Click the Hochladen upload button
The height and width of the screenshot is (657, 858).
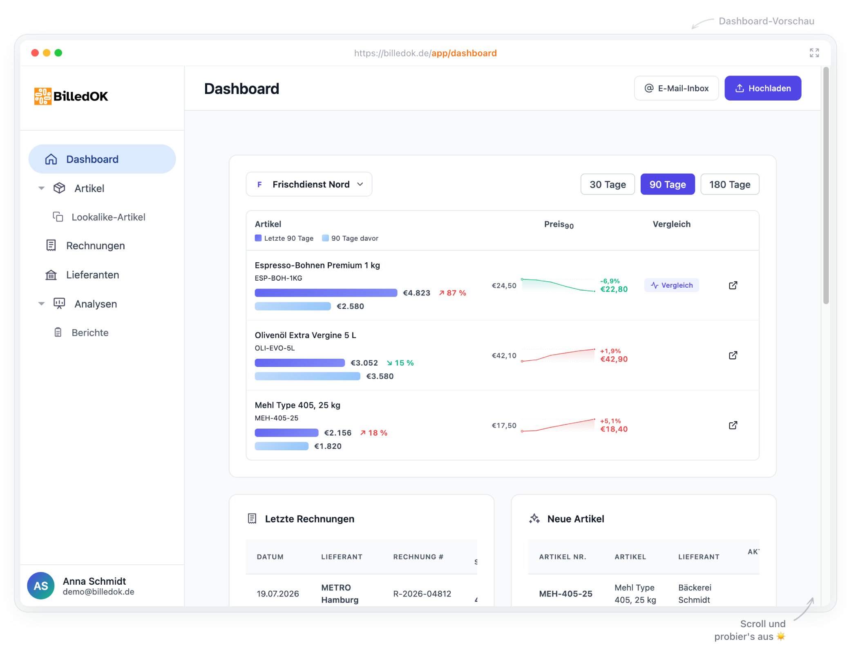763,88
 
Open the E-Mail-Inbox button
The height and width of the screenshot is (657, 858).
676,88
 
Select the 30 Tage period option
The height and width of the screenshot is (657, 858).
608,184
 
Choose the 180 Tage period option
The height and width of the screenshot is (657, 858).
730,184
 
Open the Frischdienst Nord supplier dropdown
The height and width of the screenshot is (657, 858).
309,184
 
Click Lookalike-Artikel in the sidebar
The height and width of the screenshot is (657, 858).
108,217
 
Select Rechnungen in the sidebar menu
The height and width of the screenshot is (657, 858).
95,246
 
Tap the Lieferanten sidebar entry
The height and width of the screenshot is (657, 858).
92,275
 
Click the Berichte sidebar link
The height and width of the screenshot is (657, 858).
90,333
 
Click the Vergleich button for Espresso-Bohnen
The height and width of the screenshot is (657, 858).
672,285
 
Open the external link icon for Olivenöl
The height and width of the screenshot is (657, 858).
733,355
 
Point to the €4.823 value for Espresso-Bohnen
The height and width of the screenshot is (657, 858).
416,293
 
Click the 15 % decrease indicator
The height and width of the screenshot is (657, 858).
400,363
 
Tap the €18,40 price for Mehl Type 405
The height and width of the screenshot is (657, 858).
614,429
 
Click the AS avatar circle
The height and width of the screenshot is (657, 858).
41,585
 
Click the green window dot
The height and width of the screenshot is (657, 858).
58,53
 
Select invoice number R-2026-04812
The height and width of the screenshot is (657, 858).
422,594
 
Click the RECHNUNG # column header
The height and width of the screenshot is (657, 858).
418,557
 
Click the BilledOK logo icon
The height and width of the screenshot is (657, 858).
43,96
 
